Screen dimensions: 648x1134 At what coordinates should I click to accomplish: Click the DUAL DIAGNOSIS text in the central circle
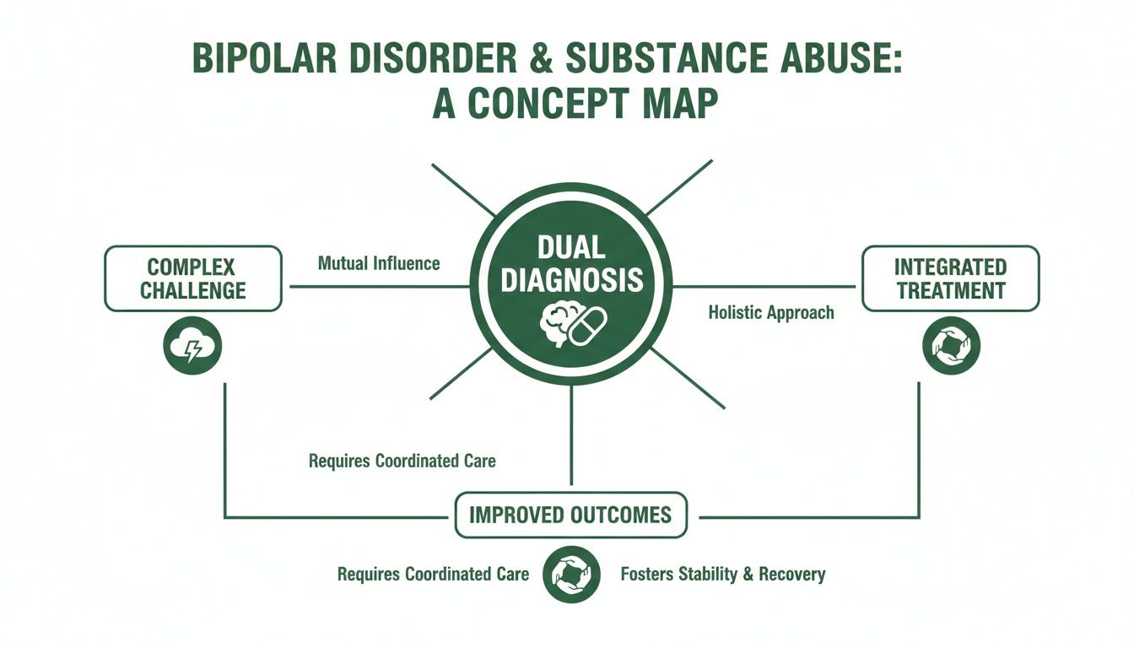[571, 265]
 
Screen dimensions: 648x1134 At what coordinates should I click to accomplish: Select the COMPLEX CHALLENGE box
[192, 278]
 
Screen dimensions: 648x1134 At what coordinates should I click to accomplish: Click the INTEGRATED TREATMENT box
[950, 278]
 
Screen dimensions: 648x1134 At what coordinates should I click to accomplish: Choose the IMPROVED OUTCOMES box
[571, 515]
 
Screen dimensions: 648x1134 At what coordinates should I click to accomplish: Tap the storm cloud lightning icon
[192, 345]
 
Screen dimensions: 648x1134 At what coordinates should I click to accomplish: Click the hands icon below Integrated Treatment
[951, 345]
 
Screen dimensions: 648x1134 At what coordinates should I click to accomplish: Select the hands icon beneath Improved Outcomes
[571, 574]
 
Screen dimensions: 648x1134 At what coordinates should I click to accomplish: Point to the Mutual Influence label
[379, 263]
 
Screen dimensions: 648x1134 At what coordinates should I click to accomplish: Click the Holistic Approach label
[770, 313]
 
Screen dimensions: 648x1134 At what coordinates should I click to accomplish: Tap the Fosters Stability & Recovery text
[722, 575]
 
